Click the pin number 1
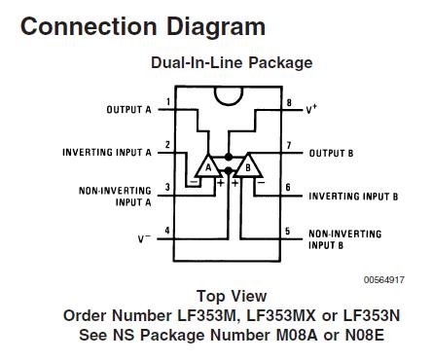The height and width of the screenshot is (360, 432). [x=168, y=102]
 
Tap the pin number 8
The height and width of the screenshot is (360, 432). [x=290, y=102]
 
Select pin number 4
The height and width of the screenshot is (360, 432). [x=168, y=231]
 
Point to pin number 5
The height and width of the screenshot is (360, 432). [x=290, y=231]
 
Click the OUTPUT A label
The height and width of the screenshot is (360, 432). [x=129, y=110]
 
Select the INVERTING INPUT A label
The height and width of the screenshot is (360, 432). [x=107, y=153]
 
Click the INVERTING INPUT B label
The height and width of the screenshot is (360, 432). [x=353, y=196]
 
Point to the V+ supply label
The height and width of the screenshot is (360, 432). [x=311, y=109]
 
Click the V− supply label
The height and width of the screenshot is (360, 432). [x=142, y=237]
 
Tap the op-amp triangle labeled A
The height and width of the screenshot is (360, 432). [x=207, y=168]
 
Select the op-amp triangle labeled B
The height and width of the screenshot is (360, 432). [x=249, y=168]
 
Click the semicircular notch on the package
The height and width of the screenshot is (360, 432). [x=229, y=95]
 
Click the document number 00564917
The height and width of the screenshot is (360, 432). [x=384, y=279]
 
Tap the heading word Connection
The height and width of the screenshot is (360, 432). [x=80, y=26]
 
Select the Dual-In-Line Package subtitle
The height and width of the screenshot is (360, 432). [x=231, y=63]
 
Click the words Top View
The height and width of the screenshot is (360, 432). [x=232, y=296]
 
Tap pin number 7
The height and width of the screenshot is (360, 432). [x=290, y=146]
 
